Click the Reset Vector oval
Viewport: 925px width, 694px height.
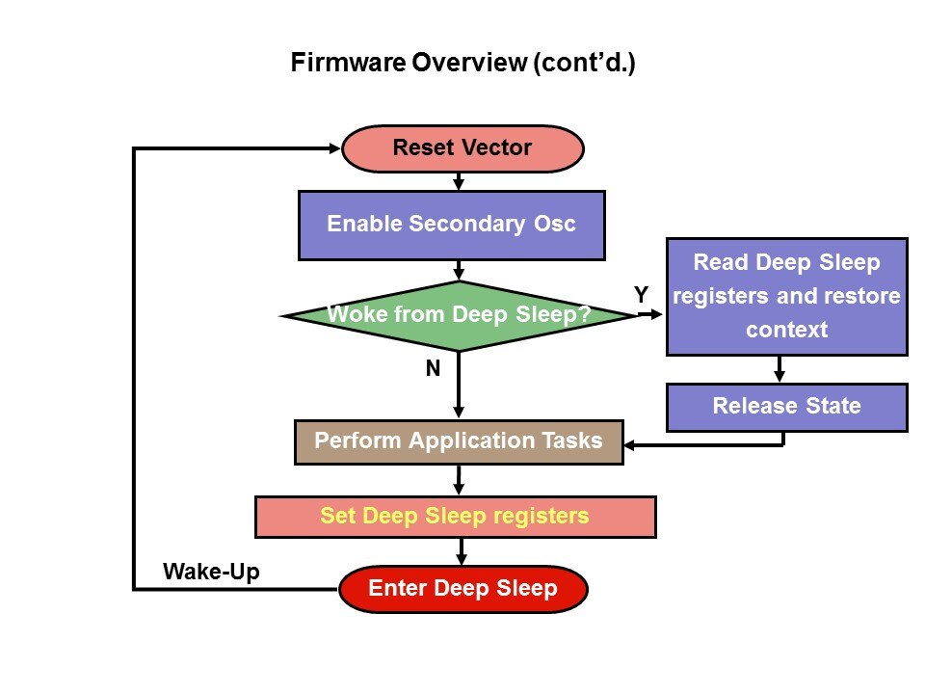tap(462, 148)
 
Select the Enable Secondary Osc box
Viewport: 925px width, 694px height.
tap(451, 225)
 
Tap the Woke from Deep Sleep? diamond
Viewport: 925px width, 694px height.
tap(459, 315)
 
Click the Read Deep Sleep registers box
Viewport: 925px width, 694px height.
tap(786, 296)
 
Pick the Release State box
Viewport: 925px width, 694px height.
tap(786, 406)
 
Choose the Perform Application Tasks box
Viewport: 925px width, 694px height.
tap(459, 441)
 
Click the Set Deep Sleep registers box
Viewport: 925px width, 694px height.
tap(455, 516)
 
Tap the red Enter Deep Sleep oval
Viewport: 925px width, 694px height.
tap(462, 588)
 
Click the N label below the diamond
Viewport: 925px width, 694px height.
tap(433, 368)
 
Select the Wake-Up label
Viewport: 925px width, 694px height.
tap(211, 572)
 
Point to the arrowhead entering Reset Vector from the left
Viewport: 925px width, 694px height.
tap(334, 148)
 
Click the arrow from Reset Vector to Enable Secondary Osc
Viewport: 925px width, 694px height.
tap(459, 181)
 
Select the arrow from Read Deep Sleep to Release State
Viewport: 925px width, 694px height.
tap(780, 369)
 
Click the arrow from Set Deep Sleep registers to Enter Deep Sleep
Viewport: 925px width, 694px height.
tap(462, 551)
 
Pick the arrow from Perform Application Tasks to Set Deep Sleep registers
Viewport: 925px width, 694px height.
tap(459, 480)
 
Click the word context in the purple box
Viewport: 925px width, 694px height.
tap(786, 329)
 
